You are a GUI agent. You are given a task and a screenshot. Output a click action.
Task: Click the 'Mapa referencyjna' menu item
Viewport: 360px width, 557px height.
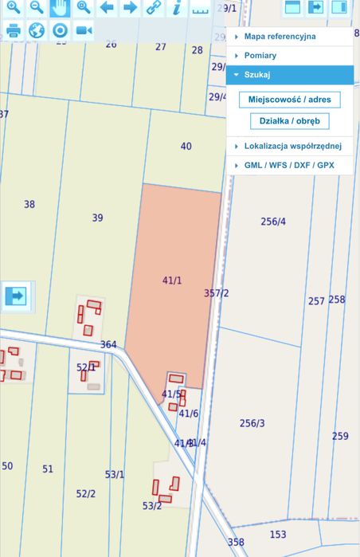click(x=280, y=36)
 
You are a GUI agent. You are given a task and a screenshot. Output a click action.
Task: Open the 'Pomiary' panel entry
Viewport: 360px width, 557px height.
click(x=260, y=56)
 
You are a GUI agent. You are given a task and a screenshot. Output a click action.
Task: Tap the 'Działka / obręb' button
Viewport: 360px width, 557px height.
click(x=289, y=121)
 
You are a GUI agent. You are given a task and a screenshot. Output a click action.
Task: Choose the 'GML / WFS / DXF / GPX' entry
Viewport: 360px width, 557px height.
click(x=289, y=165)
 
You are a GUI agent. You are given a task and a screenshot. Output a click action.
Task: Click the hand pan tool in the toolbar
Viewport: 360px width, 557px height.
click(x=60, y=9)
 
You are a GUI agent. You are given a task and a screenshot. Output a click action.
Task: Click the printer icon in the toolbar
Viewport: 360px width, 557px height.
click(x=14, y=31)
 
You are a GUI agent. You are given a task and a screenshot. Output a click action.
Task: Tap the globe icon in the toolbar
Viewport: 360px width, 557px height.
click(x=37, y=31)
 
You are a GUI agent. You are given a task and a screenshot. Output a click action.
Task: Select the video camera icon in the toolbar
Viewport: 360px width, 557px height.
click(x=84, y=31)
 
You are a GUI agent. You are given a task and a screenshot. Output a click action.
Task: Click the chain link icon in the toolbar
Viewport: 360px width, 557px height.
click(x=153, y=9)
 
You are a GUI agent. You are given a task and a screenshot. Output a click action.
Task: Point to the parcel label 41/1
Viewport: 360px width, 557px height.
click(x=172, y=280)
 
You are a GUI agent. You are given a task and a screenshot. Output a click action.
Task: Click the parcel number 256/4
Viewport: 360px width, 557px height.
click(x=273, y=222)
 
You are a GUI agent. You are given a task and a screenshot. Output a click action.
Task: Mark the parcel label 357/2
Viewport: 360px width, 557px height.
click(x=217, y=293)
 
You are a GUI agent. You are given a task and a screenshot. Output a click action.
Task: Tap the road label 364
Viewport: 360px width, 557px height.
click(x=108, y=345)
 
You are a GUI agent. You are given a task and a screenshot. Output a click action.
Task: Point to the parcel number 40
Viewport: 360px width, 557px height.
click(x=186, y=146)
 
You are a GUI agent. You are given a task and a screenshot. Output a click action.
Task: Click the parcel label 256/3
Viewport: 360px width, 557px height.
click(x=252, y=423)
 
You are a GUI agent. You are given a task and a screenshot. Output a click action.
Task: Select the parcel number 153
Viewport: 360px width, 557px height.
click(x=278, y=535)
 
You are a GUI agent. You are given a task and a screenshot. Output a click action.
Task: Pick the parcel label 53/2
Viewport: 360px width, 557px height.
click(x=152, y=506)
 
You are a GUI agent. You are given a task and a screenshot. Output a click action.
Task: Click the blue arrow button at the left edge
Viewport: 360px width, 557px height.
click(x=15, y=296)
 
